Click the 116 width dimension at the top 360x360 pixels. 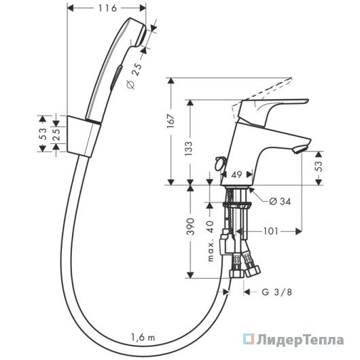pos(107,9)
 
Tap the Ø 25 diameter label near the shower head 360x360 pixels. pos(134,76)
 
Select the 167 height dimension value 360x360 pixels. pos(171,121)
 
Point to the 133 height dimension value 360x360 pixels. pos(189,149)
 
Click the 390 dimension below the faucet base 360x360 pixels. pos(190,226)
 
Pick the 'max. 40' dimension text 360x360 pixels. pos(211,241)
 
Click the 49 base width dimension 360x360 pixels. pos(236,175)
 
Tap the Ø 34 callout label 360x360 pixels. pos(280,202)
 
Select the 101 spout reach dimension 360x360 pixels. pos(271,231)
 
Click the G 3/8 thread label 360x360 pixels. pos(277,292)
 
